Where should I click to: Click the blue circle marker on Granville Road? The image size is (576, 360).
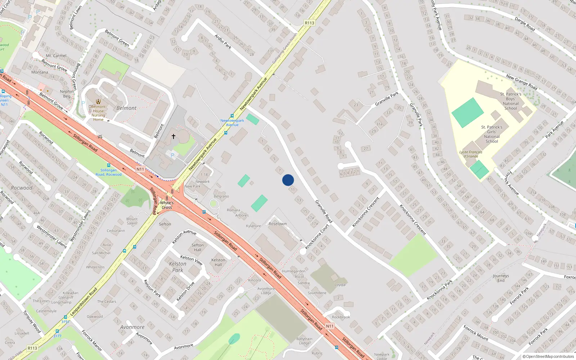288,180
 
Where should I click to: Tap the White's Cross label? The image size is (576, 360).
167,205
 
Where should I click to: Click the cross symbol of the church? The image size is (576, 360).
173,136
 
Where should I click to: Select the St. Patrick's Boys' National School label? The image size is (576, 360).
510,101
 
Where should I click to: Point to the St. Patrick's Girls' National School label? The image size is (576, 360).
492,134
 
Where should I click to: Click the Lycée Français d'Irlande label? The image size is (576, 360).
471,154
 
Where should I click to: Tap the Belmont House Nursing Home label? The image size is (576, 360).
98,113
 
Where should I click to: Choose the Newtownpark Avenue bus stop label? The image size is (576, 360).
232,122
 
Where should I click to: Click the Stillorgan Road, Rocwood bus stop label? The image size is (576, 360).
108,172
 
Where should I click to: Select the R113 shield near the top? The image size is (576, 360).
310,23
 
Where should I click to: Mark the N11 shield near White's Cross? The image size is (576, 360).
140,169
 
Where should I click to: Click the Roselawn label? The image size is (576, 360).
278,224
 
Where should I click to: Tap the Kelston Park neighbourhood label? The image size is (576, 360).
178,267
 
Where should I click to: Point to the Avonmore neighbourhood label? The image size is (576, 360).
132,327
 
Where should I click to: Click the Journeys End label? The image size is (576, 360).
501,278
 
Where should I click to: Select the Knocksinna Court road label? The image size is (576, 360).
317,237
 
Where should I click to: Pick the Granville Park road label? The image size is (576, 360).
387,98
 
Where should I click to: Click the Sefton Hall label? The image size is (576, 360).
198,247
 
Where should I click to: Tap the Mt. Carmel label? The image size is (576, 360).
56,56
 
